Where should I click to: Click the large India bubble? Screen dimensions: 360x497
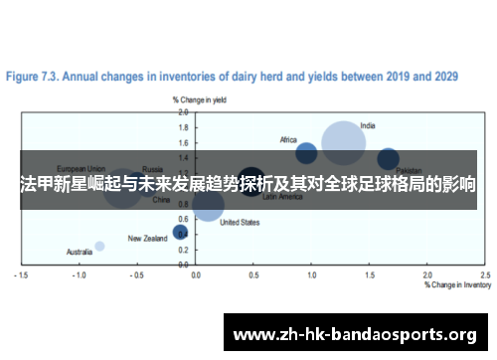click(x=343, y=143)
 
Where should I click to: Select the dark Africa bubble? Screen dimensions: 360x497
click(x=306, y=152)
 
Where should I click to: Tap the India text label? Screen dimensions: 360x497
click(x=368, y=126)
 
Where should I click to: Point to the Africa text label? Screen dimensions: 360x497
click(x=288, y=139)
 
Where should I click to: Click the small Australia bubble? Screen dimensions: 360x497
click(x=99, y=246)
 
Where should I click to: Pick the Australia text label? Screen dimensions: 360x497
click(x=80, y=252)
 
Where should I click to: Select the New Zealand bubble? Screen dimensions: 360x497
click(x=180, y=232)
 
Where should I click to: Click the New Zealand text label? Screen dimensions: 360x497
click(x=148, y=239)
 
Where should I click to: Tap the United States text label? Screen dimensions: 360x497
click(x=240, y=223)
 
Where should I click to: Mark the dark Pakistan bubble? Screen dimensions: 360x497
click(x=389, y=158)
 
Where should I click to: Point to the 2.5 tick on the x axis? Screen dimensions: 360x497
click(x=485, y=274)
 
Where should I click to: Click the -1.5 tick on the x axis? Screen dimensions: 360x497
click(x=21, y=274)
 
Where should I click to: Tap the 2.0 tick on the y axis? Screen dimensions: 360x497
click(x=184, y=113)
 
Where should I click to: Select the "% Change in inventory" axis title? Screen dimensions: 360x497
click(x=457, y=284)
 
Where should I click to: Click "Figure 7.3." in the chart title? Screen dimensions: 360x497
click(x=35, y=75)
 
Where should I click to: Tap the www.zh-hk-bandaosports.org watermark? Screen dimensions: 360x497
click(x=354, y=333)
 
